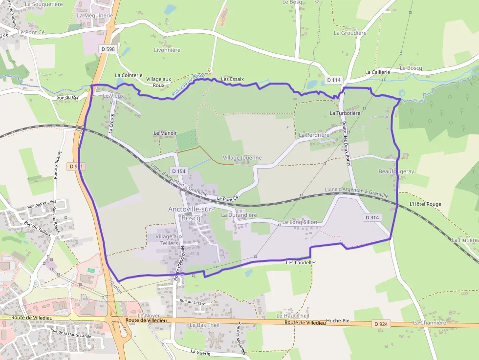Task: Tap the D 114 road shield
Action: coord(334,80)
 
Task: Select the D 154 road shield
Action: coord(179,171)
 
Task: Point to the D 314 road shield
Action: coord(372,217)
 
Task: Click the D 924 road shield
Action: coord(381,324)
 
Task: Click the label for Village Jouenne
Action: coord(242,158)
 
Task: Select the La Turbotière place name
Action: coord(345,113)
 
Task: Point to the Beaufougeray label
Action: coord(396,171)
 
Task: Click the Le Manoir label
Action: coord(165,133)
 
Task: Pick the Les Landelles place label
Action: coord(301,263)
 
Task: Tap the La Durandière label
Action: coord(239,215)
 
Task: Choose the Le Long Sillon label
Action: coord(300,223)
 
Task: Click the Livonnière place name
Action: coord(167,50)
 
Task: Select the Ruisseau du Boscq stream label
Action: coord(188,84)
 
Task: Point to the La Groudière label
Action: coord(350,33)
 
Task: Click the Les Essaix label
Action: coord(232,79)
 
